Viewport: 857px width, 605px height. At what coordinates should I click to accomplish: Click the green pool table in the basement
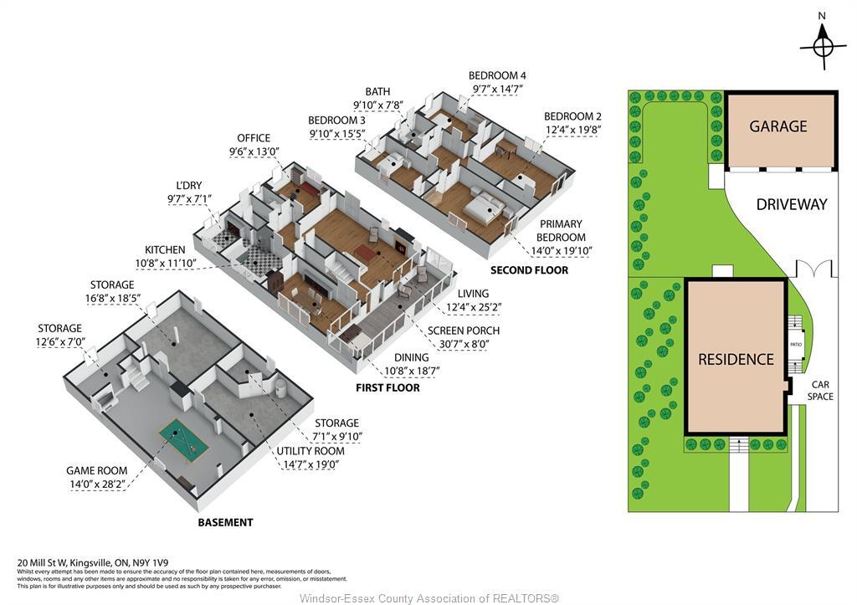(184, 440)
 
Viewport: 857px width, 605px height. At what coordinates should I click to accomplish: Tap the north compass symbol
(823, 42)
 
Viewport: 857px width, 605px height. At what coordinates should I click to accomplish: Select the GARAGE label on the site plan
(778, 126)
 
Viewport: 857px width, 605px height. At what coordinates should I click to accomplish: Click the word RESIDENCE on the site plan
(736, 359)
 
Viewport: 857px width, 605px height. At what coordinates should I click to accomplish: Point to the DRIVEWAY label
(791, 204)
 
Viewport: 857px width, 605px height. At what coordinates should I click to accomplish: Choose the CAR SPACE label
(820, 391)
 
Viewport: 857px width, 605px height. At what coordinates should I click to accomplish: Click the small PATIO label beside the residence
(796, 344)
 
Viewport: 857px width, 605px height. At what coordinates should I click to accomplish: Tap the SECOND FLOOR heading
(529, 270)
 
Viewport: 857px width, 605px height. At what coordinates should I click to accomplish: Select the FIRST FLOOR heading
(387, 388)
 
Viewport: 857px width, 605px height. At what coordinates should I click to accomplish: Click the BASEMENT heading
(225, 522)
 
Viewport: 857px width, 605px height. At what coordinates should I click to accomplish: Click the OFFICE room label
(254, 138)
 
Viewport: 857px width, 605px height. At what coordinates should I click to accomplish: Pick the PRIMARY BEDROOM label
(562, 231)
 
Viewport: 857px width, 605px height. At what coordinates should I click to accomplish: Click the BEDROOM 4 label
(497, 75)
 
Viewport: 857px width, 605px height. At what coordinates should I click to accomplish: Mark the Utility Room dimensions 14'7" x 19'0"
(310, 464)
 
